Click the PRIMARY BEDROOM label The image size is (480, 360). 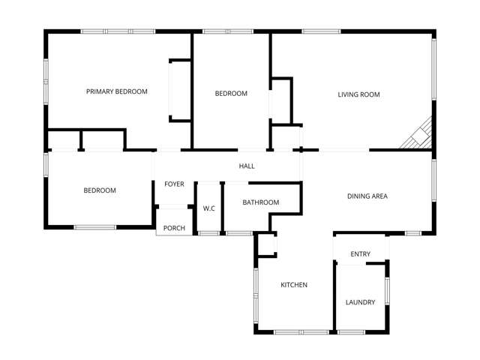[116, 91]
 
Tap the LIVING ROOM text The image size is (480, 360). [358, 94]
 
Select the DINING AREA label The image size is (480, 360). [367, 196]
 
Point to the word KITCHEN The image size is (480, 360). [294, 285]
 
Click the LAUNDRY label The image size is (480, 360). [360, 302]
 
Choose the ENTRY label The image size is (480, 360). [360, 254]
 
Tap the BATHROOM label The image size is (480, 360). [261, 202]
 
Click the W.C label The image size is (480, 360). [208, 208]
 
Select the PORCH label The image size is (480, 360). [174, 229]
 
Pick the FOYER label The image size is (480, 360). [174, 184]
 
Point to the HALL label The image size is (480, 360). [247, 166]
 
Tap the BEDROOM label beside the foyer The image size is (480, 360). [99, 190]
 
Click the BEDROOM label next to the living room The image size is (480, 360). [231, 93]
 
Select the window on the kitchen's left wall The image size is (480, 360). [256, 291]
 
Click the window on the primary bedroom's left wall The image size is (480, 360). [46, 79]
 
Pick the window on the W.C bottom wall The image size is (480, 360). [208, 233]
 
